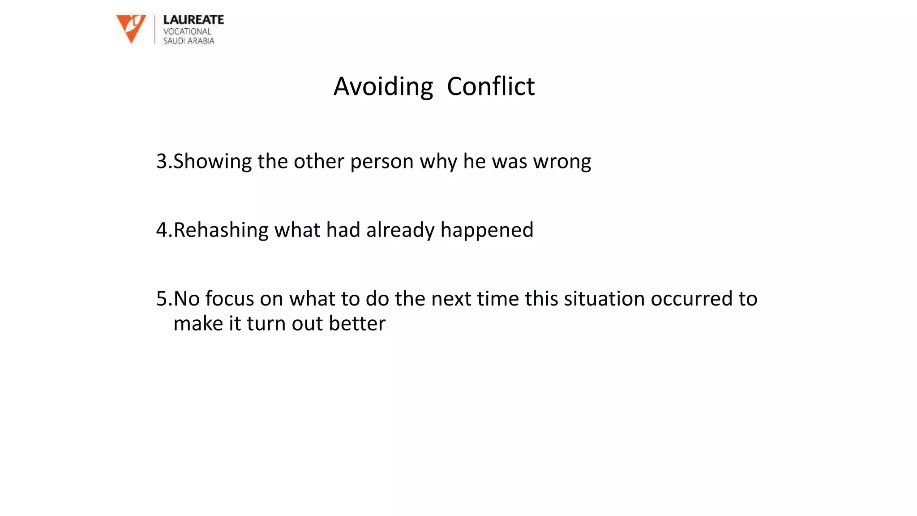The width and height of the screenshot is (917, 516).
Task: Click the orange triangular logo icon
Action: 131,28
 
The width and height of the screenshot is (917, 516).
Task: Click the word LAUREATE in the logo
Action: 193,20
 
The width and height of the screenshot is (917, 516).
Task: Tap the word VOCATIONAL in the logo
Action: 187,31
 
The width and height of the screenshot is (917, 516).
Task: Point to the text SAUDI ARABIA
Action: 189,41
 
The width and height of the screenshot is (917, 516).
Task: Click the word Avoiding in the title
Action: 383,86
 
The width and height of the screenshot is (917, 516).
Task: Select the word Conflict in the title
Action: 491,86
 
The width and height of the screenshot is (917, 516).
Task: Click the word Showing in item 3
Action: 213,161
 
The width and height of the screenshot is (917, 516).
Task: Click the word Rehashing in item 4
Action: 221,230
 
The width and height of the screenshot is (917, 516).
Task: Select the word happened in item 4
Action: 487,230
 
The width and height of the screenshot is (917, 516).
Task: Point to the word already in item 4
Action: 400,230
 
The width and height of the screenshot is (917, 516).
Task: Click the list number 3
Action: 162,161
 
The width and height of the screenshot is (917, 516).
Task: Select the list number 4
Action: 162,230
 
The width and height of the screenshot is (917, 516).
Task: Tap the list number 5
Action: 162,299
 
